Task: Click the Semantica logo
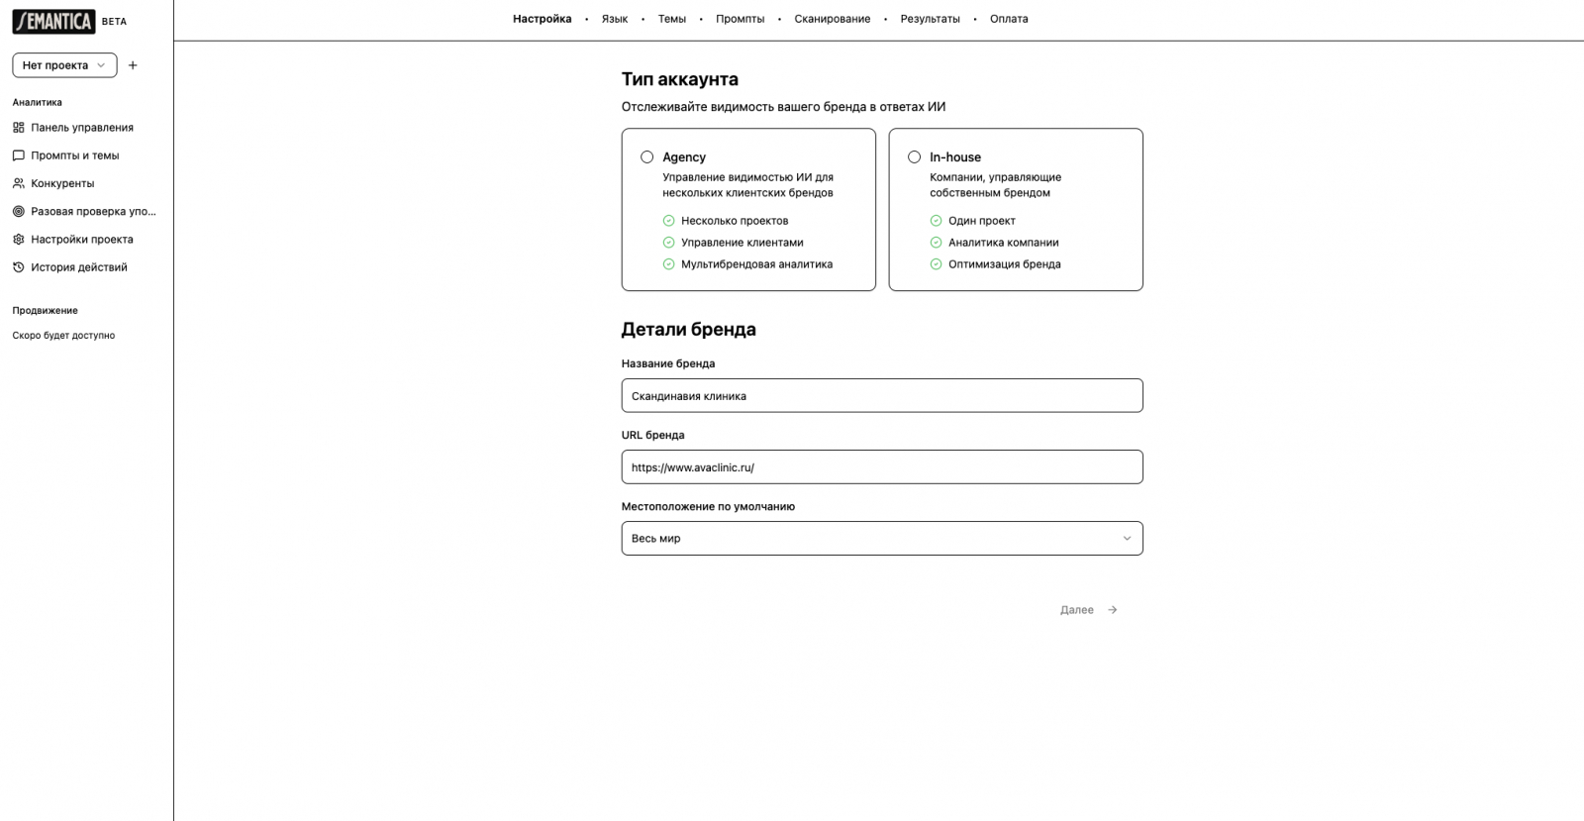click(54, 21)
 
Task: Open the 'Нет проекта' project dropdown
click(64, 65)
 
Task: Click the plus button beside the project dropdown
click(133, 65)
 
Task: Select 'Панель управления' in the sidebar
click(81, 128)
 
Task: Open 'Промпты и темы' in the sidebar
click(74, 155)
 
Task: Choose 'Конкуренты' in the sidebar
click(62, 183)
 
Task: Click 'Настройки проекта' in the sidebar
click(81, 240)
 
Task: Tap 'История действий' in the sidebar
click(78, 267)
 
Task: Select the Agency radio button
click(647, 156)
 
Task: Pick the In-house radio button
click(915, 156)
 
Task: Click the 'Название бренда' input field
click(881, 396)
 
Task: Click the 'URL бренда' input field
click(881, 467)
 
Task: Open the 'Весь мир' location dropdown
click(881, 539)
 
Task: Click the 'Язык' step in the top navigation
click(614, 19)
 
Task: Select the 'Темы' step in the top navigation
click(671, 19)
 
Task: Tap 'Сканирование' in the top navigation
click(832, 19)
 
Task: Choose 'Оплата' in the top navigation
click(1009, 19)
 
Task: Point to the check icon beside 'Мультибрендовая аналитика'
click(669, 264)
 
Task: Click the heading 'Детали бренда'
click(688, 330)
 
